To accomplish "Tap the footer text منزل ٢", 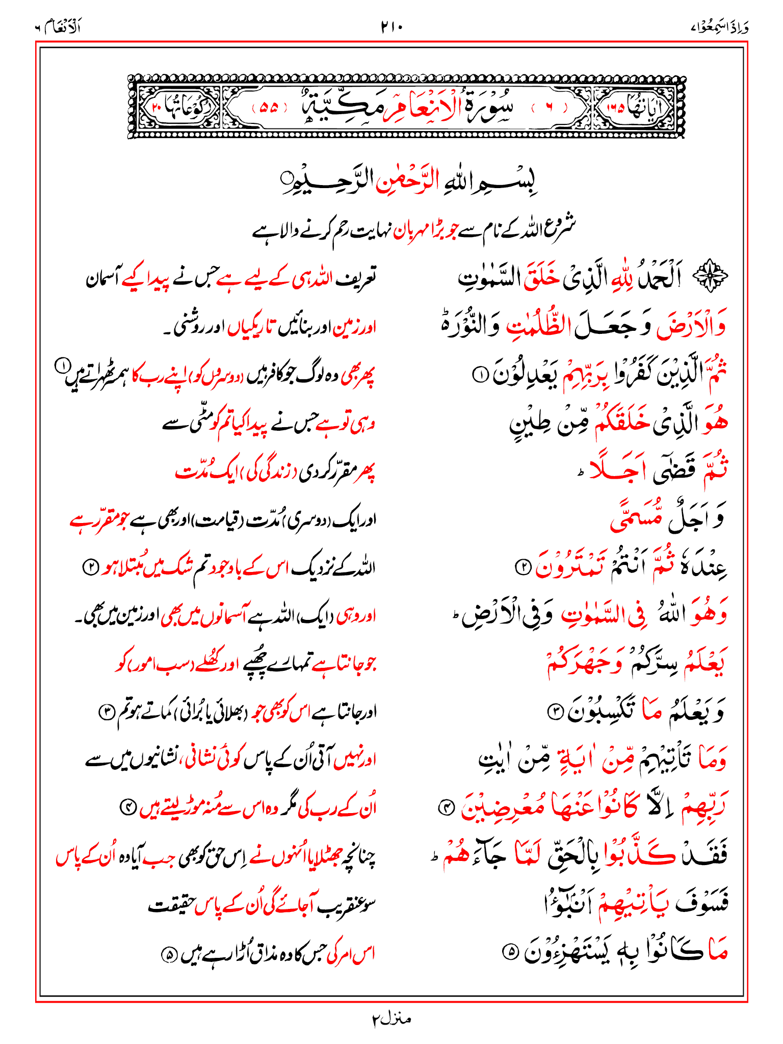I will point(391,1019).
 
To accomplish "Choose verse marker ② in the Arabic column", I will point(522,567).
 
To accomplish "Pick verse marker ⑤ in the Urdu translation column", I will point(168,953).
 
